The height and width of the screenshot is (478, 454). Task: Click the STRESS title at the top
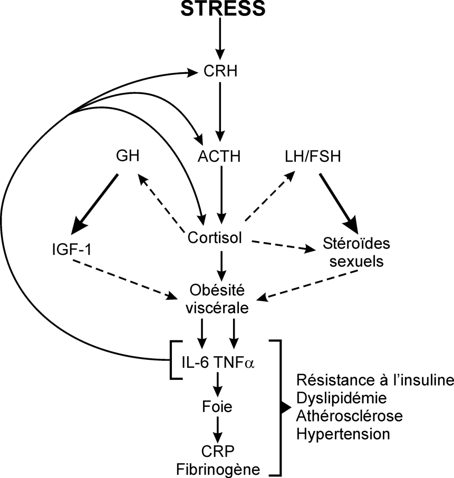pos(221,10)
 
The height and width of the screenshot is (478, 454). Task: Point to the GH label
pos(128,156)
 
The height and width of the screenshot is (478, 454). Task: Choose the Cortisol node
pos(215,238)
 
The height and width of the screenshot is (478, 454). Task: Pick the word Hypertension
pos(343,434)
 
